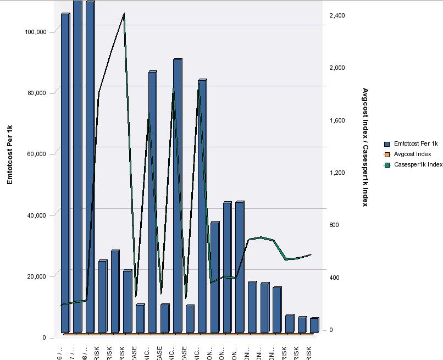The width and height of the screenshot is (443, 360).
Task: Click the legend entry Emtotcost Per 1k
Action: coord(416,143)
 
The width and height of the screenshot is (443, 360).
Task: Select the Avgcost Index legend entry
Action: coord(412,154)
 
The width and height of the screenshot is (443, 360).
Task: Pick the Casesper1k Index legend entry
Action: coord(418,164)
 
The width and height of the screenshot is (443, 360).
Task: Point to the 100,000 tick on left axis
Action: coord(36,32)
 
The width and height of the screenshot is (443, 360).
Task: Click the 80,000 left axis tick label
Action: coord(37,93)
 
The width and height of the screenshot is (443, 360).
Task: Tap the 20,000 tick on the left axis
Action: coord(37,276)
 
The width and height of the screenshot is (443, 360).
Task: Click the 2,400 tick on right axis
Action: coord(337,15)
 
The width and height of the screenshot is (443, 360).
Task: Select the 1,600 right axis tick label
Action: coord(337,120)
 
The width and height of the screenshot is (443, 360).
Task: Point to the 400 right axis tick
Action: coord(335,278)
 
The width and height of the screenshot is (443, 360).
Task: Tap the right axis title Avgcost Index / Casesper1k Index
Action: coord(365,147)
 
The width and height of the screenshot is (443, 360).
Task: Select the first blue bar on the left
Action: coord(65,173)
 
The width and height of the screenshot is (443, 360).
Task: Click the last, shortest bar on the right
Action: coord(314,325)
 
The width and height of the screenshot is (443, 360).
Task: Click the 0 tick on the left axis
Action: coord(44,337)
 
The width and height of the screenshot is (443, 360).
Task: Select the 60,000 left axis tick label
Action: coord(37,154)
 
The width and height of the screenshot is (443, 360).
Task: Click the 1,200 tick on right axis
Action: coord(337,173)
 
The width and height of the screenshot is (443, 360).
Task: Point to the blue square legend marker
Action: coord(386,143)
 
